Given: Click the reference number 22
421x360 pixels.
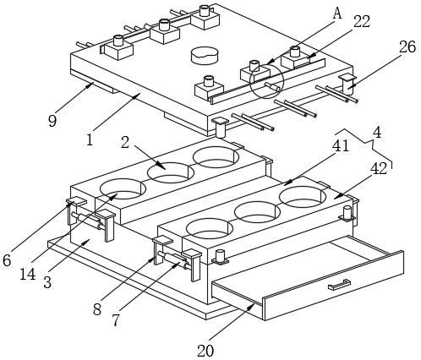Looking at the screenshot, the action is coord(362,22).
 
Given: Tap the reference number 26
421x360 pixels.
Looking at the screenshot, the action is coord(407,47).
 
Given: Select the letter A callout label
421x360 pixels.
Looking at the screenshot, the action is coord(337,14).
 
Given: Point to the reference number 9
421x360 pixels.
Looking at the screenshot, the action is coord(52,121).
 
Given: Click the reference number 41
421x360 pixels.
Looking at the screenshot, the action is coord(341,146).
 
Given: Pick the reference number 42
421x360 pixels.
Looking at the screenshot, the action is coord(379,169).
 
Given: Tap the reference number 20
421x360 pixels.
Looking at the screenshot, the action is coord(205,351).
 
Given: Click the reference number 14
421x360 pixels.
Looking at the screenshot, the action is coord(28,274).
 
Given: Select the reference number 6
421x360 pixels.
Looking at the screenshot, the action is coord(7,260).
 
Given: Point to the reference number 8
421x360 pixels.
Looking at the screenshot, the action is coord(97,309).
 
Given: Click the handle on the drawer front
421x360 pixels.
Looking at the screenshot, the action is coord(339,285).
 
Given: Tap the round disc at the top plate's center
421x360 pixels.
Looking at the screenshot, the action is coord(205,56).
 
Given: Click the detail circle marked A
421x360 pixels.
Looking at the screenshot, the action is coord(267,81).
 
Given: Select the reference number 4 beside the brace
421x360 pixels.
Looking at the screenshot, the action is coord(377,133).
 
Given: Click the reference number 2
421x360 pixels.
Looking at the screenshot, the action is coord(125,142).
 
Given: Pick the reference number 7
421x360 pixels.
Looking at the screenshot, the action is coord(116,320).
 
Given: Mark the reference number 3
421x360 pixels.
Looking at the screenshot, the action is coord(47,282).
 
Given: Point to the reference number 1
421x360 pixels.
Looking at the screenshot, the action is coord(90,139).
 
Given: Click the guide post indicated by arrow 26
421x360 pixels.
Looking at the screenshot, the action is coord(347,85).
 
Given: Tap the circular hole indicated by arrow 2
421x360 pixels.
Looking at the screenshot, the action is coord(171,172).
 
